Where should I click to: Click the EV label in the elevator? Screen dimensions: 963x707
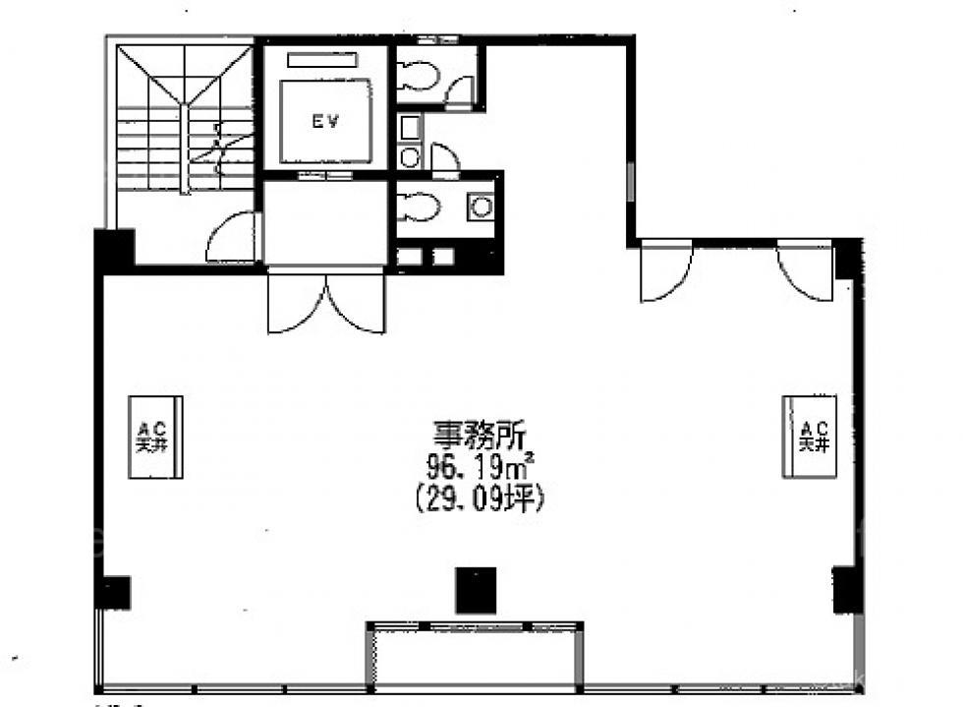point(325,122)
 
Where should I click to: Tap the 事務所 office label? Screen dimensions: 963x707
point(480,436)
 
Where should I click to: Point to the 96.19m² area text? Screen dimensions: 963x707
point(481,468)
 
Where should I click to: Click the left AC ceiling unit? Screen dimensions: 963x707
point(155,437)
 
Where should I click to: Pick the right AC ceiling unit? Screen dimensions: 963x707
point(809,437)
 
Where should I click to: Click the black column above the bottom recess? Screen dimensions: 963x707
point(476,590)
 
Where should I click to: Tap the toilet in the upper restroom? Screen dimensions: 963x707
point(419,75)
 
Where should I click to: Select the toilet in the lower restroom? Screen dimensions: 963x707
point(419,206)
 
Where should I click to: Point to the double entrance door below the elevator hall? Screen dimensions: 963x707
point(326,303)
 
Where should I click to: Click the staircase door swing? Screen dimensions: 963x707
point(232,237)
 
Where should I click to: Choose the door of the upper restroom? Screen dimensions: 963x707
point(460,92)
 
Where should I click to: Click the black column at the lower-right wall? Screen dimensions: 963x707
point(847,590)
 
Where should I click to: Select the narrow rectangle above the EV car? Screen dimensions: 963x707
point(322,60)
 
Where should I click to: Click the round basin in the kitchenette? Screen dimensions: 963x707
point(410,157)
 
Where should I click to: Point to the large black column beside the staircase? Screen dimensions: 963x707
point(114,251)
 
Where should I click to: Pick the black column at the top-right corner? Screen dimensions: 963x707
point(848,260)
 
